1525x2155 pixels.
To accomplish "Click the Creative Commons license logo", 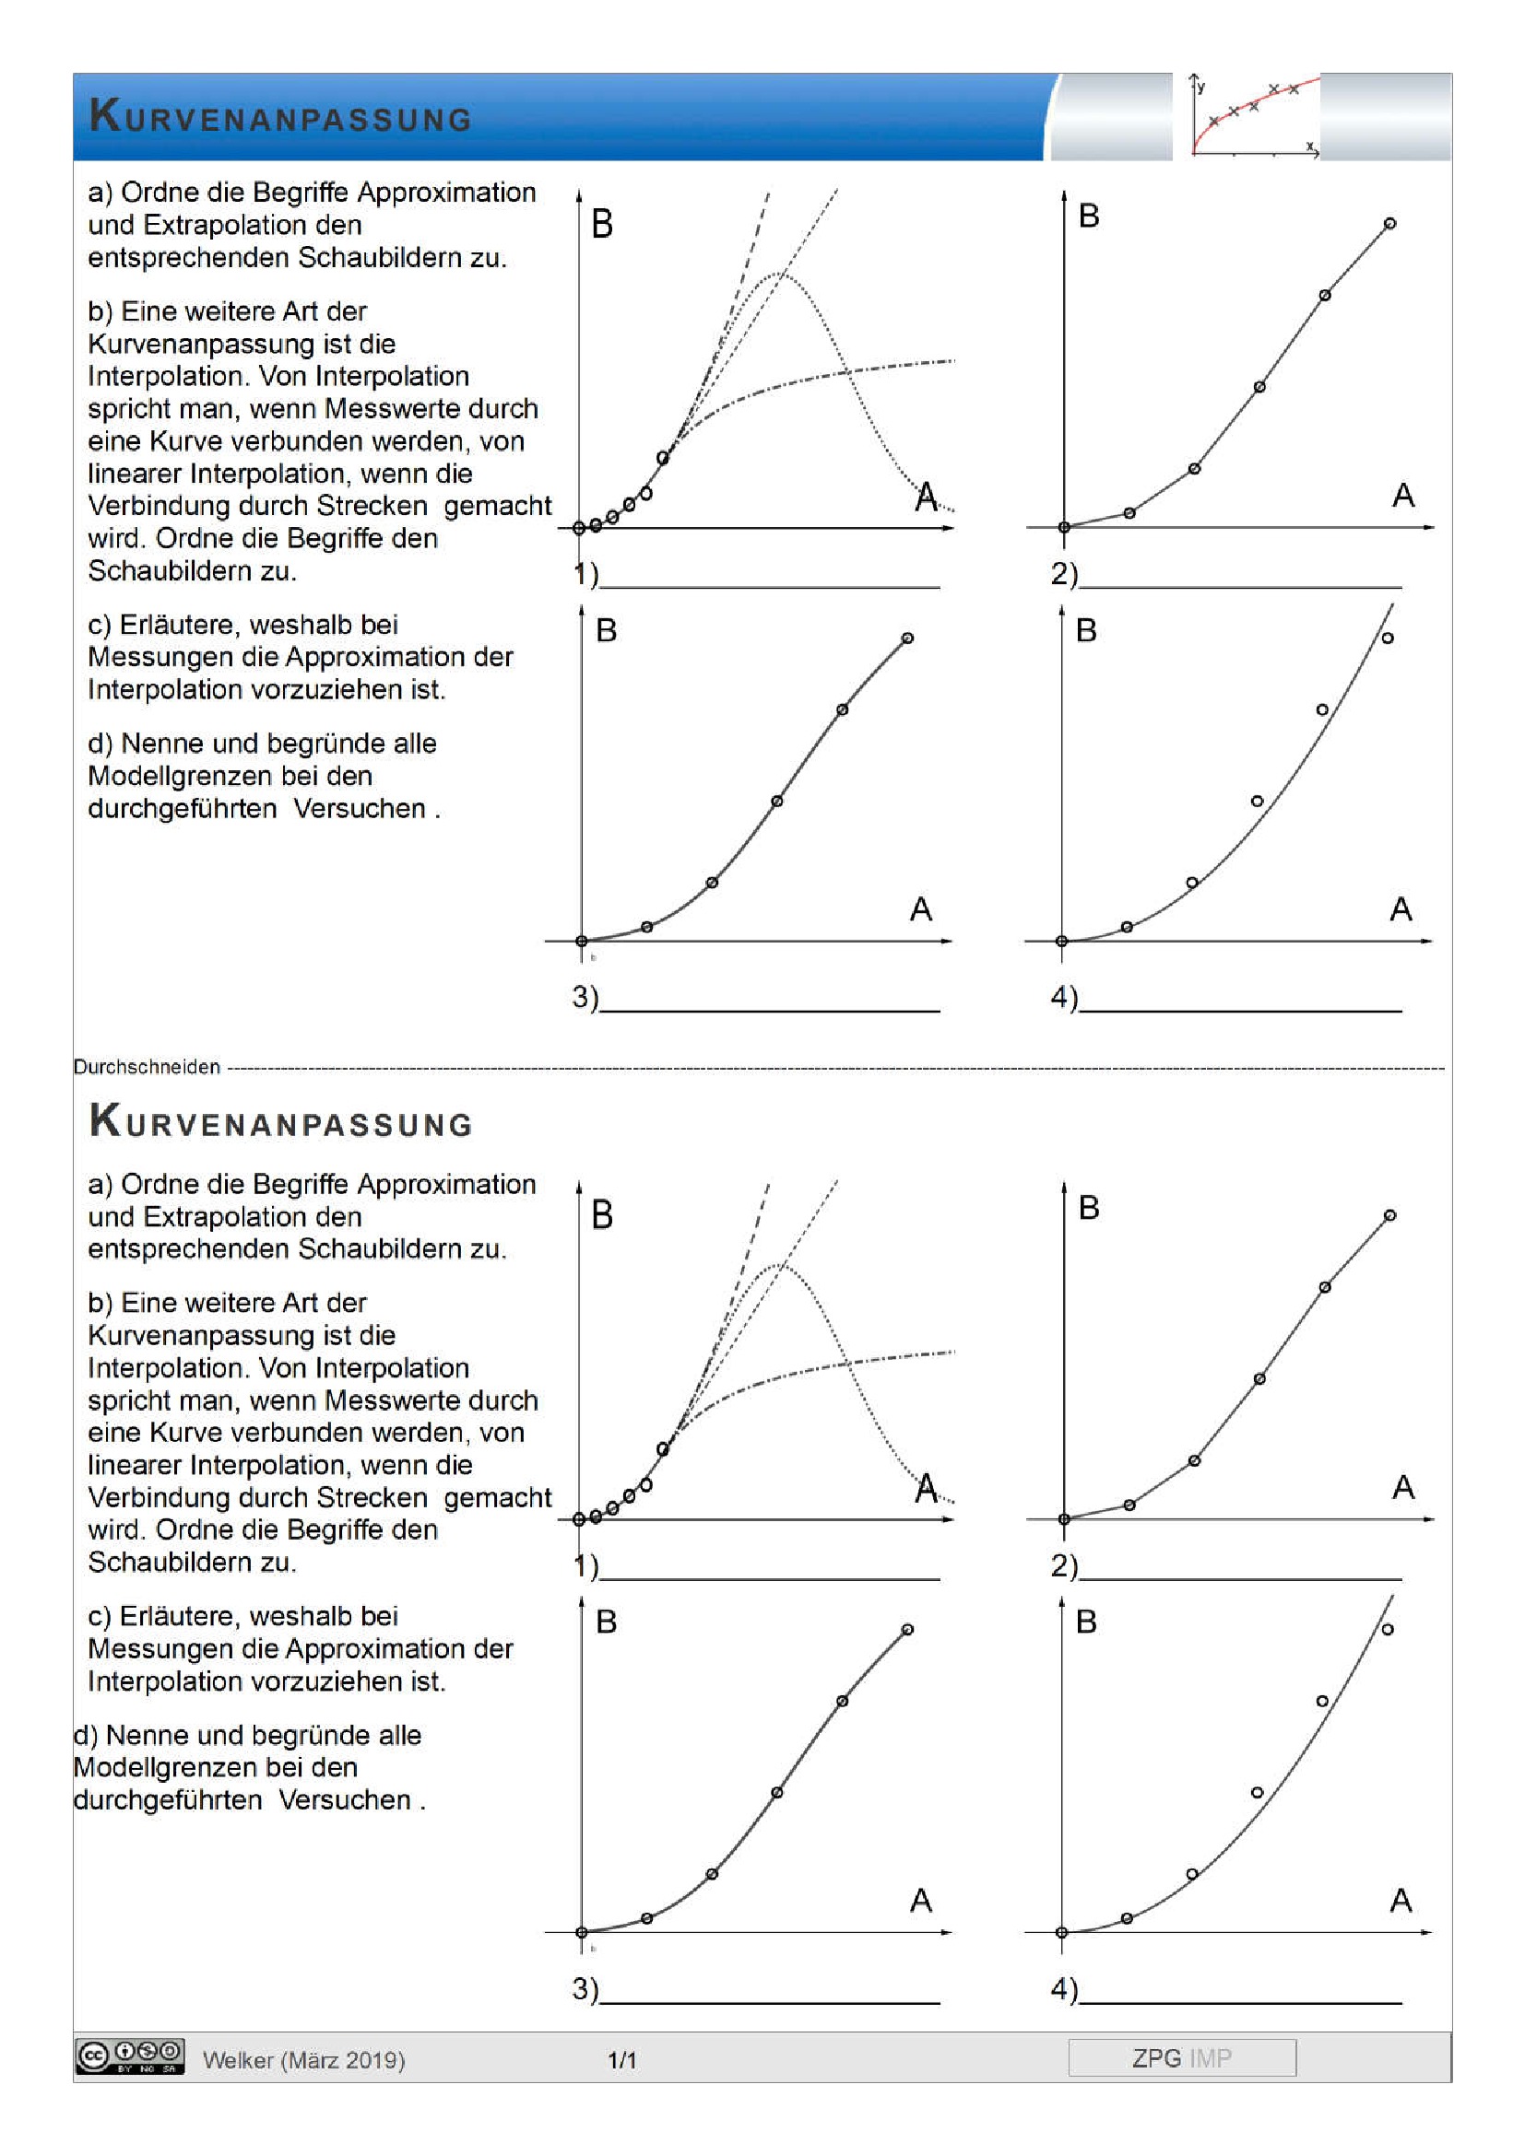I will click(x=130, y=2055).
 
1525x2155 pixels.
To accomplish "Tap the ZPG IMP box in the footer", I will click(x=1181, y=2057).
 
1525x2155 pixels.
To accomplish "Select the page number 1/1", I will click(x=621, y=2060).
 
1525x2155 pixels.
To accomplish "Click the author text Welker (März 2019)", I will click(x=303, y=2060).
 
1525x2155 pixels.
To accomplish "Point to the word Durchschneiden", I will click(x=147, y=1067).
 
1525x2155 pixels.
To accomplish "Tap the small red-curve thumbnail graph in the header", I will click(x=1254, y=115).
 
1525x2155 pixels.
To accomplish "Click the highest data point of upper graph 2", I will click(x=1389, y=223).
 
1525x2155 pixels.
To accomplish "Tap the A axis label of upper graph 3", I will click(x=920, y=908).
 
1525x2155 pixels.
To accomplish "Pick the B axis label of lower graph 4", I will click(x=1086, y=1622).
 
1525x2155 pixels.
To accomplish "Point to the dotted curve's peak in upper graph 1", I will click(x=778, y=273).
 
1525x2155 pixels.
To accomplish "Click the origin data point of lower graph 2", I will click(x=1064, y=1518).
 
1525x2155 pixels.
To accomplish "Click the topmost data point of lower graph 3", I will click(x=907, y=1630).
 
